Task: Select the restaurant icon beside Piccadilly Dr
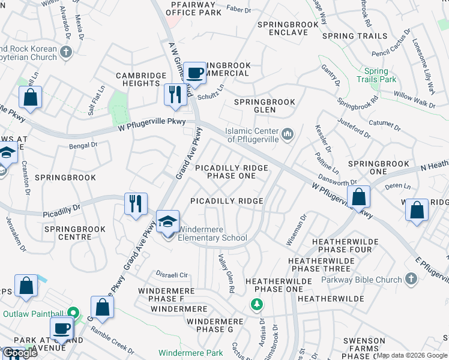tap(136, 203)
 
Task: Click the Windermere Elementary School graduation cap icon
tap(168, 221)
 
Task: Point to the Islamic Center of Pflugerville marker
tap(288, 133)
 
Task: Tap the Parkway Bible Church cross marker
tap(411, 279)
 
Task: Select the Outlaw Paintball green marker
tap(73, 313)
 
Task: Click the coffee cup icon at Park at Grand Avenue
tap(62, 329)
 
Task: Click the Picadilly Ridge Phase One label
tap(231, 172)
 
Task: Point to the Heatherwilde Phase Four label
tap(345, 245)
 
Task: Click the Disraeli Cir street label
tap(172, 275)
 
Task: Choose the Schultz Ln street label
tap(211, 91)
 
